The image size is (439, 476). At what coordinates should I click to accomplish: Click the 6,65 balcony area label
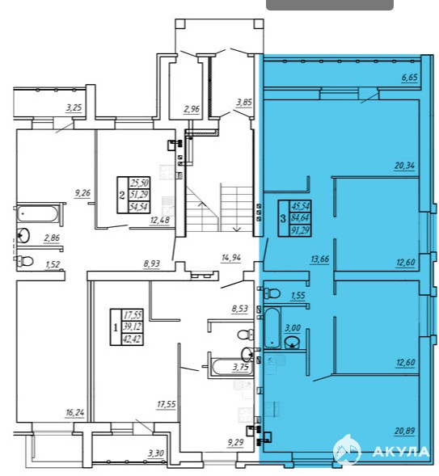point(410,77)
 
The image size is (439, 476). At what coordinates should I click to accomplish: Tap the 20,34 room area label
point(404,166)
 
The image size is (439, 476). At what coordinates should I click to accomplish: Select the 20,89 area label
point(405,431)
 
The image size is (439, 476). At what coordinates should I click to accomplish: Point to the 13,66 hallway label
point(319,259)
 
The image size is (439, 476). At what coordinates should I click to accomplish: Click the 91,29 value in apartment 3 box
point(300,230)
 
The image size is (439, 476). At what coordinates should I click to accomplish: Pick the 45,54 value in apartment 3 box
point(300,206)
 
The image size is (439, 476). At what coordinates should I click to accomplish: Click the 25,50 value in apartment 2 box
point(139,183)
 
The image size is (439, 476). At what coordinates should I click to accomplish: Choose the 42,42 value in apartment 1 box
point(132,339)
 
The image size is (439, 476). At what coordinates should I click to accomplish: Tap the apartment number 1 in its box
point(116,327)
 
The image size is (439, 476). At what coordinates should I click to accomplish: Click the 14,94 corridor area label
point(231,258)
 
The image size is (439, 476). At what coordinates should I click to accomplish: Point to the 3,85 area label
point(244,103)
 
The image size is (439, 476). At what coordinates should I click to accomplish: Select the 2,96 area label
point(192,108)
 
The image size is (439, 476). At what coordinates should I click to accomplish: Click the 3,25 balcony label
point(74,107)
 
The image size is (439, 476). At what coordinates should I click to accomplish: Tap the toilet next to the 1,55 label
point(272,293)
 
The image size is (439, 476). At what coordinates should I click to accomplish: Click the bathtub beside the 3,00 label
point(272,327)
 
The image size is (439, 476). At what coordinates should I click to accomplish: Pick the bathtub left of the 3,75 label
point(230,368)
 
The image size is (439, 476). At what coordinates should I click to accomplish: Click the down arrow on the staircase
point(237,230)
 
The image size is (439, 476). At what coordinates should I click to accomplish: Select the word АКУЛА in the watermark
point(400,452)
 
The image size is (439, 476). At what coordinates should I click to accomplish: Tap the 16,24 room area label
point(74,412)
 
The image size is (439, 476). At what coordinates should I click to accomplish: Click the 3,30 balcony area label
point(156,453)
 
